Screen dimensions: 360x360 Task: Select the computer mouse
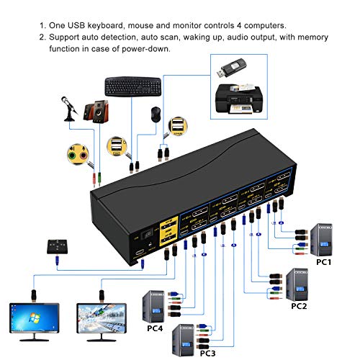pos(156,113)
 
